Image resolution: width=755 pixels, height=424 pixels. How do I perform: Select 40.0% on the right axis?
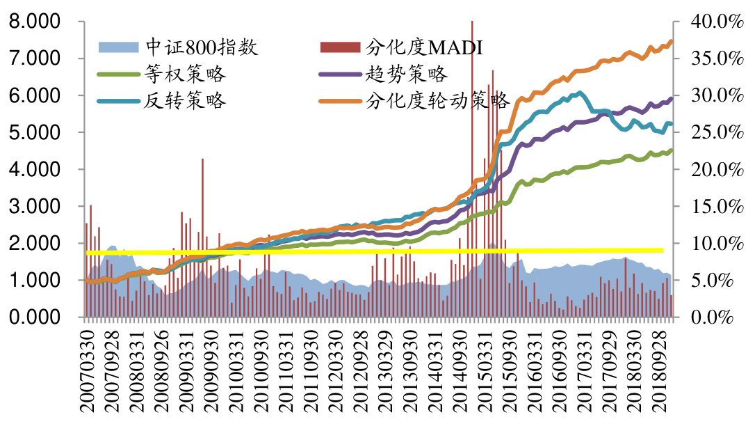[x=714, y=22]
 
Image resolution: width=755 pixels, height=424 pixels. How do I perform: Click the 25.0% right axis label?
[x=714, y=132]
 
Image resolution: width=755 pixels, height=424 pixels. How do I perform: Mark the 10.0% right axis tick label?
[x=714, y=244]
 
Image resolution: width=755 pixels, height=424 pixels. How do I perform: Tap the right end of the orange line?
[x=671, y=42]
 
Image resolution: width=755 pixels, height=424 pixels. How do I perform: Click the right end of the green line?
[x=671, y=150]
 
